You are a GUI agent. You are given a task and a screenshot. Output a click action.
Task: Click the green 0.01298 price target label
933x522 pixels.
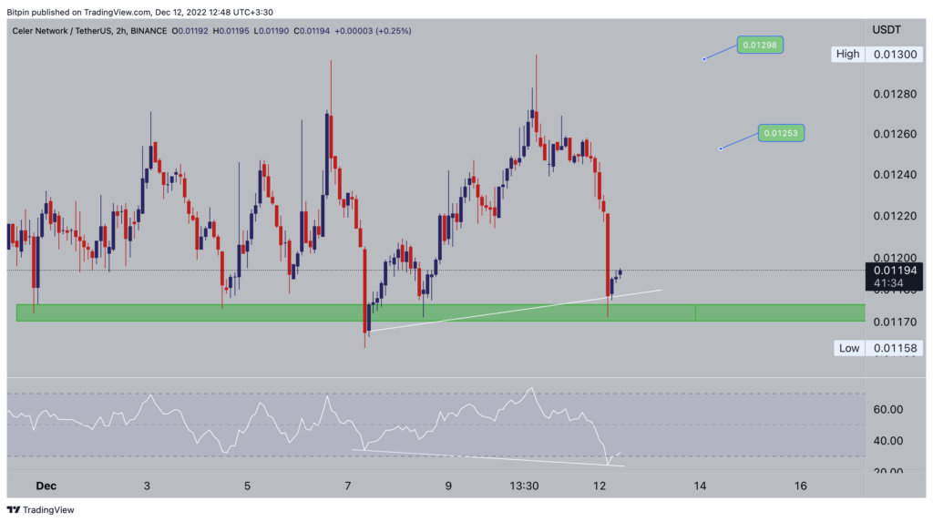(761, 45)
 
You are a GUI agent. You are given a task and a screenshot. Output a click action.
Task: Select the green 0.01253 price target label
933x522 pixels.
(783, 133)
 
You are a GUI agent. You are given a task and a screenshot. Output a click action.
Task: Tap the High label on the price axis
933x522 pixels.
(847, 54)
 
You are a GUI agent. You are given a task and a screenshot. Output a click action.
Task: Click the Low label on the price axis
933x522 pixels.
(849, 348)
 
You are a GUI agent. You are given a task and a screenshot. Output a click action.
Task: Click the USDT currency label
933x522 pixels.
(887, 30)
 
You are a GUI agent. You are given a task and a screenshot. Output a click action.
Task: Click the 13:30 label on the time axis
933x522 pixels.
(525, 486)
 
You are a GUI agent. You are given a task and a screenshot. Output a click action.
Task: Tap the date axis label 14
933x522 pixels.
(700, 486)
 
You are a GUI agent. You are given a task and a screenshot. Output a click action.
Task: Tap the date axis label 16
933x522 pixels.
(800, 486)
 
